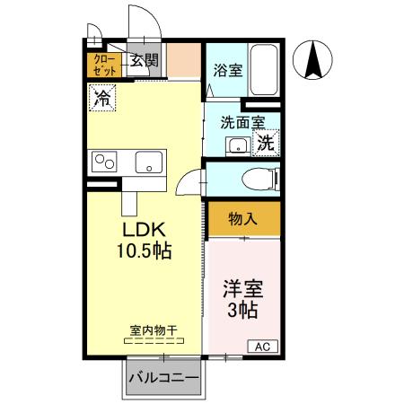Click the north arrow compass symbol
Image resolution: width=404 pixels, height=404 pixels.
[x=315, y=61]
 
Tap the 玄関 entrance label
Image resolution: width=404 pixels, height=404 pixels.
[x=144, y=61]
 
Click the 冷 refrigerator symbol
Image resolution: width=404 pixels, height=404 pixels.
[x=102, y=97]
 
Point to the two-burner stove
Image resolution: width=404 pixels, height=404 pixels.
[x=104, y=162]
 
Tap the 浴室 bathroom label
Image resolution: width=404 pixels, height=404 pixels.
[x=227, y=70]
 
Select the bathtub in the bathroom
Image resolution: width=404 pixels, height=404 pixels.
[x=262, y=66]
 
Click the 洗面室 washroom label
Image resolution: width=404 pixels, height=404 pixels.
[x=242, y=122]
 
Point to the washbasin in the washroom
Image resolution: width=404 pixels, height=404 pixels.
[x=237, y=145]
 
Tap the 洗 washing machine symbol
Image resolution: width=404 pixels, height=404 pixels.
[x=266, y=142]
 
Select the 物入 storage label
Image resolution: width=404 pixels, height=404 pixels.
[x=243, y=218]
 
